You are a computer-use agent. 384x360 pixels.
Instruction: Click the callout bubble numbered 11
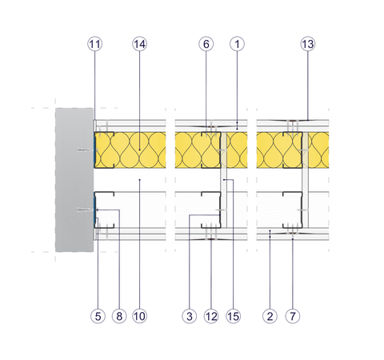click(95, 44)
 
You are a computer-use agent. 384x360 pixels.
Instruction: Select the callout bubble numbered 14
click(139, 44)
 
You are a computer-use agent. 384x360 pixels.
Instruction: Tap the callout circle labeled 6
click(206, 44)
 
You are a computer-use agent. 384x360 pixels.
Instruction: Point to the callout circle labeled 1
click(237, 44)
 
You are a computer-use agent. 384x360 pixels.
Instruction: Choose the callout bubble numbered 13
click(308, 44)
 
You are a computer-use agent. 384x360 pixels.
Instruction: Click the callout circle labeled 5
click(98, 316)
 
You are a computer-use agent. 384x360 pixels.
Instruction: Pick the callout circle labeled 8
click(119, 316)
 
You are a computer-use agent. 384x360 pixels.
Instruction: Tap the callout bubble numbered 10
click(139, 316)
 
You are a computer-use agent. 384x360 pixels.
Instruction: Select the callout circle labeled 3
click(190, 316)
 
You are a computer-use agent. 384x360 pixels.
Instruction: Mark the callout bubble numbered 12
click(211, 316)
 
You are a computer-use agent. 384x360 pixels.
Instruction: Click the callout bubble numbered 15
click(233, 316)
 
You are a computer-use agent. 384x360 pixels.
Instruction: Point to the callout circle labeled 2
click(270, 316)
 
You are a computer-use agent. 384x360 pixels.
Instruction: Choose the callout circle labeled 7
click(293, 316)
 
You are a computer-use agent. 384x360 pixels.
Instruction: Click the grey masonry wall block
click(74, 180)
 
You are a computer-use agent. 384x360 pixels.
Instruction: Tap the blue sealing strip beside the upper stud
click(94, 150)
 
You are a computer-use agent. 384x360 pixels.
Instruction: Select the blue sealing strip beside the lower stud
click(94, 210)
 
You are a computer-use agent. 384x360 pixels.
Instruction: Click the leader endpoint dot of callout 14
click(139, 150)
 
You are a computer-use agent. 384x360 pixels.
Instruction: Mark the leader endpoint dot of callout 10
click(139, 180)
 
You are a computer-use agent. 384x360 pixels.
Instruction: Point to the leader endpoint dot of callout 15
click(224, 180)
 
